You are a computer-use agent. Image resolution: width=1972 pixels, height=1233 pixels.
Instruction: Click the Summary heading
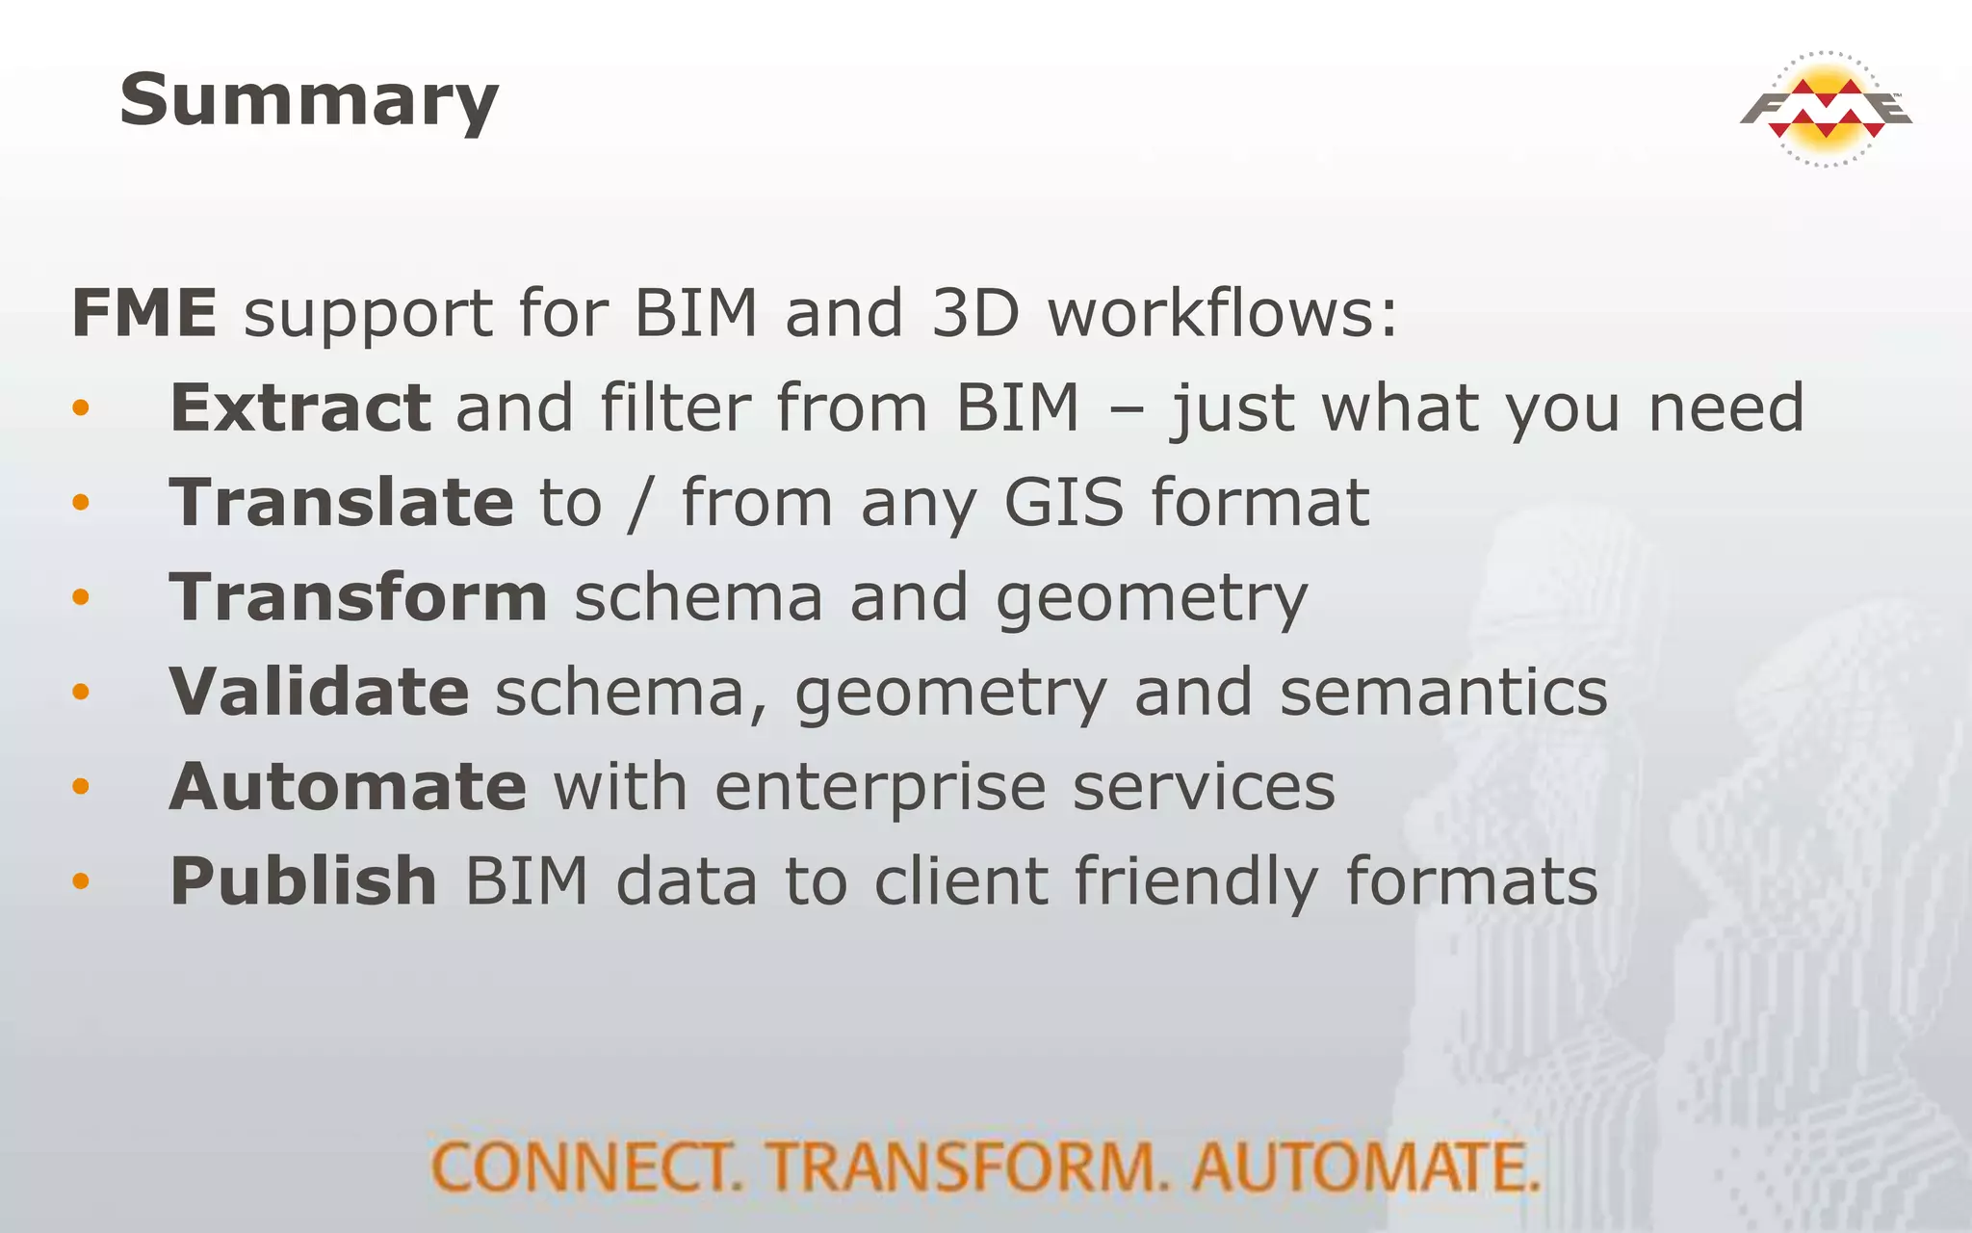tap(309, 101)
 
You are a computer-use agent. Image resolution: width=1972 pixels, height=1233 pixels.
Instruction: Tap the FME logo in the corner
tap(1826, 109)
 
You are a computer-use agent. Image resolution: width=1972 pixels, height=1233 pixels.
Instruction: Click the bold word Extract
tap(299, 407)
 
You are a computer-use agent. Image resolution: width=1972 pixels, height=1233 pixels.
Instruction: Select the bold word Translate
tap(342, 502)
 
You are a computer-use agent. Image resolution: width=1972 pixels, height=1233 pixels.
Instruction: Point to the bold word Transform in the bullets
tap(358, 597)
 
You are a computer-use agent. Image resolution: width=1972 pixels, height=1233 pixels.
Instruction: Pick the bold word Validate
tap(319, 692)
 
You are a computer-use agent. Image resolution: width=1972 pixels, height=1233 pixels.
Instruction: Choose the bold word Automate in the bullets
tap(348, 786)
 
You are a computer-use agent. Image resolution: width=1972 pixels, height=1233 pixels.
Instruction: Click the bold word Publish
tap(303, 880)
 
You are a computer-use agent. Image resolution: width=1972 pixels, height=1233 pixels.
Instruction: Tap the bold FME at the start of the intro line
tap(144, 313)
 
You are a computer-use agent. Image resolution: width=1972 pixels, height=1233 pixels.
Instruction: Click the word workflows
tap(1221, 313)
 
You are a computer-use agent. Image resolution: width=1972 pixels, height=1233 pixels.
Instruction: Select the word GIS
tap(1063, 502)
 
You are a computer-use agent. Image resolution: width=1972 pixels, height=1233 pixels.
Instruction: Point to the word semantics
tap(1443, 692)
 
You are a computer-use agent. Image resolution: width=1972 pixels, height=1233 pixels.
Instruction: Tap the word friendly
tap(1195, 880)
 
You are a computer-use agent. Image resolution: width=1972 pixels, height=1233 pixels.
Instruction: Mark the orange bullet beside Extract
tap(81, 408)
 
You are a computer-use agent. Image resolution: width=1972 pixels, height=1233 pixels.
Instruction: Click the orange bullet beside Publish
tap(81, 880)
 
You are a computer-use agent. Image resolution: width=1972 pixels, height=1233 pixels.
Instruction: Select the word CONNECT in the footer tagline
tap(584, 1167)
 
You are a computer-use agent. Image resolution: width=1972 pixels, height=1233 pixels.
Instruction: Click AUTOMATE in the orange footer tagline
tap(1364, 1167)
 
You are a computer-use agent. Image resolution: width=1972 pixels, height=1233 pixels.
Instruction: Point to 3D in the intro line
tap(975, 313)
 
